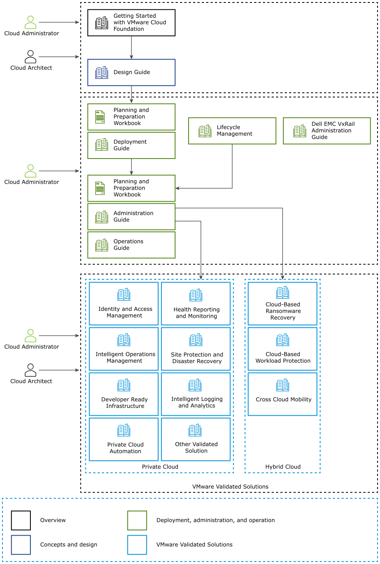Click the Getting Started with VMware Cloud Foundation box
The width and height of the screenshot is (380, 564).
pyautogui.click(x=131, y=23)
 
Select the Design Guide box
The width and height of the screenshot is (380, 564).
pyautogui.click(x=131, y=72)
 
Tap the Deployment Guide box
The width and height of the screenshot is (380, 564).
pyautogui.click(x=131, y=145)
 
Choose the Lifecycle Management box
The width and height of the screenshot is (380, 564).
pyautogui.click(x=232, y=131)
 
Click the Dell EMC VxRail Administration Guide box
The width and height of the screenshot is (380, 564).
pyautogui.click(x=327, y=131)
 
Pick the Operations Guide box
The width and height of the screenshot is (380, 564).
pyautogui.click(x=131, y=245)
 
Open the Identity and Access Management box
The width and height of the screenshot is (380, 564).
pyautogui.click(x=124, y=304)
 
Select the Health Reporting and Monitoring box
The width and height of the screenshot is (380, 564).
pyautogui.click(x=196, y=304)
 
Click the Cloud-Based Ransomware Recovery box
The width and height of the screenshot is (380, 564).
pyautogui.click(x=283, y=304)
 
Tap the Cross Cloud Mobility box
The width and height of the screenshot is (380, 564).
pyautogui.click(x=283, y=394)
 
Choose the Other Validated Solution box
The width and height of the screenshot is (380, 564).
pyautogui.click(x=196, y=439)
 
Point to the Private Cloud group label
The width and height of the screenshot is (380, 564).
pyautogui.click(x=160, y=467)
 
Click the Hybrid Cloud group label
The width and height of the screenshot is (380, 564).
pyautogui.click(x=283, y=467)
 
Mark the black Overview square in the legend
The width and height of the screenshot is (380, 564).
pyautogui.click(x=21, y=520)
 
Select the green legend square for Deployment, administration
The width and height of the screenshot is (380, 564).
pyautogui.click(x=137, y=520)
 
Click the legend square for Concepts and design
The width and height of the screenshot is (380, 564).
pyautogui.click(x=21, y=545)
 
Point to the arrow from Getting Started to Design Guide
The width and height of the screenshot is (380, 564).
pyautogui.click(x=131, y=48)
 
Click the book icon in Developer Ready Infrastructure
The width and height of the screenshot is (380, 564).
pyautogui.click(x=124, y=385)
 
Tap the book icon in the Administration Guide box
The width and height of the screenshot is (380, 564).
pyautogui.click(x=101, y=216)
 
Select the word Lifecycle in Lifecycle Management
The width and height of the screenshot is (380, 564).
pyautogui.click(x=228, y=127)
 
